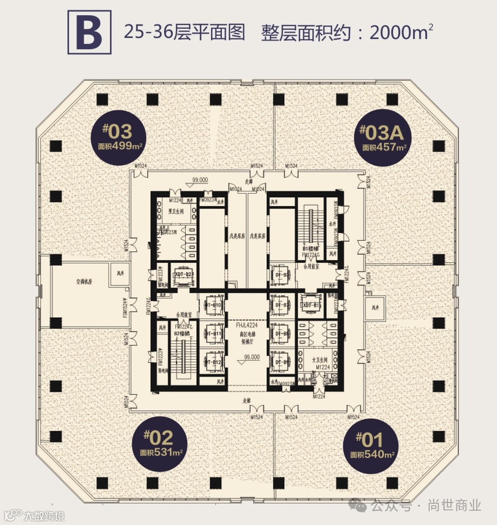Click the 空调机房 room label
(x=84, y=281)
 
